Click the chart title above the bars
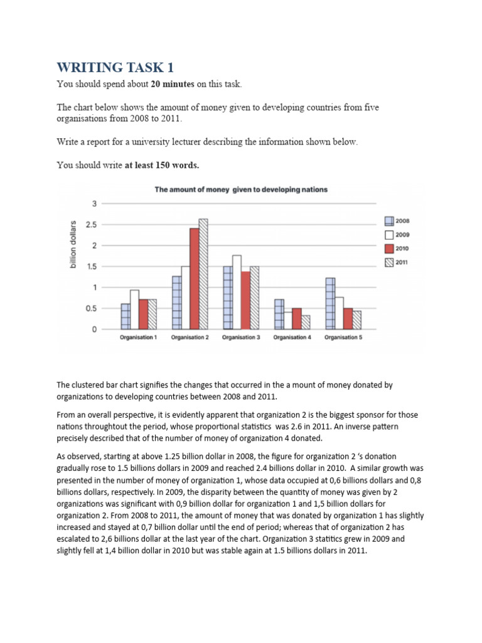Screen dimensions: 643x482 click(x=241, y=189)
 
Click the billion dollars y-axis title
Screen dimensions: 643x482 click(x=73, y=246)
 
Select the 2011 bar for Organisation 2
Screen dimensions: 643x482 click(x=203, y=274)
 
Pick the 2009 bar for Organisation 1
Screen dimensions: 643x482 click(x=134, y=310)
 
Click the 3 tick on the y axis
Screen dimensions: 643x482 click(x=95, y=203)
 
